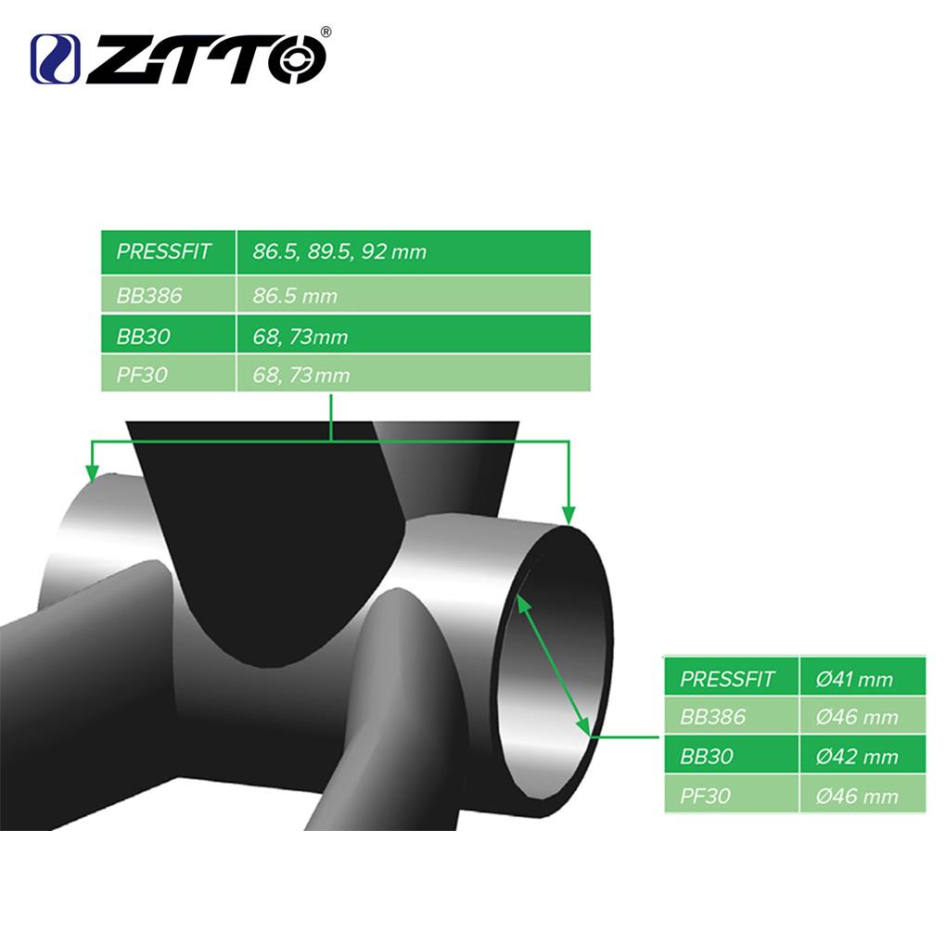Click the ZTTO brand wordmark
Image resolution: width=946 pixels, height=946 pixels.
[x=206, y=58]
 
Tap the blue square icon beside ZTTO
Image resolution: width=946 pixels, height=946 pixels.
[x=55, y=59]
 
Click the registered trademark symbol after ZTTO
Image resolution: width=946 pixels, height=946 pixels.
[x=325, y=32]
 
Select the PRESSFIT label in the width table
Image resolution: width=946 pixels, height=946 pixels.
[x=163, y=251]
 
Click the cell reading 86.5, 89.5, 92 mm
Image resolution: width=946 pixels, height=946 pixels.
[x=339, y=251]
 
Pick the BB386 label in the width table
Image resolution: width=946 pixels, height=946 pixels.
[x=149, y=296]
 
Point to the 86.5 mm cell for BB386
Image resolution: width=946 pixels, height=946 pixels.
[x=295, y=296]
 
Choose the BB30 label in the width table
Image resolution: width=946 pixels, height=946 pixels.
[x=143, y=336]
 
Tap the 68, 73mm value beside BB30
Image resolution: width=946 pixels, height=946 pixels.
[x=300, y=337]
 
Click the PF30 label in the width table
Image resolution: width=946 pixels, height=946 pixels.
[x=142, y=376]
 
